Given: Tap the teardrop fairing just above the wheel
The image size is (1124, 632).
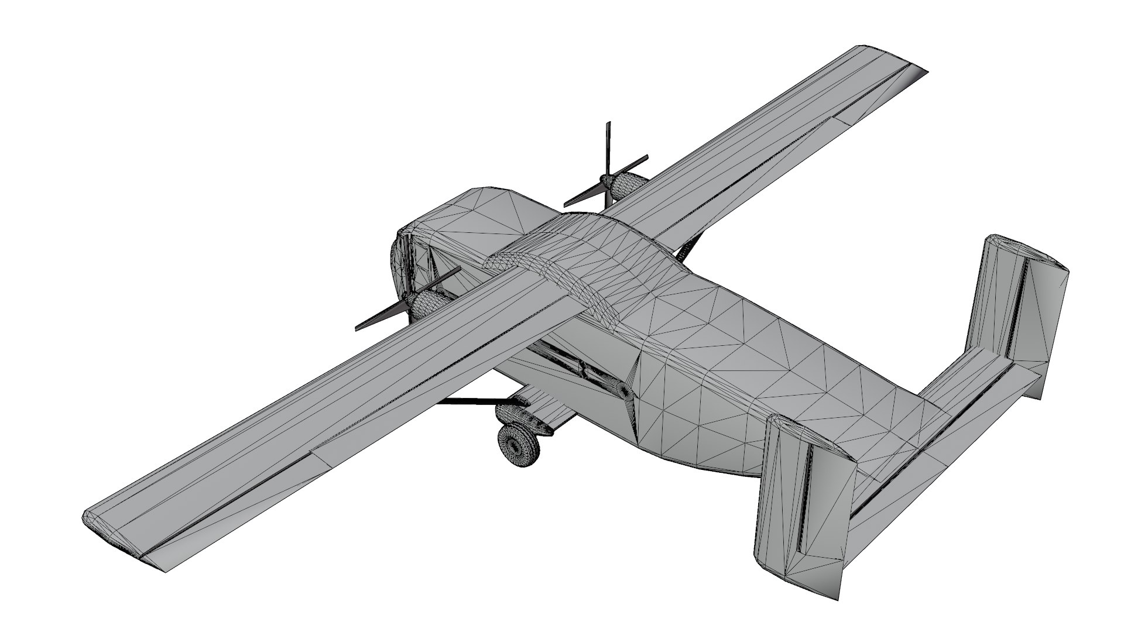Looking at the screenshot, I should click(508, 412).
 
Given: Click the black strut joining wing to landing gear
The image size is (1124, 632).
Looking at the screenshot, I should click(468, 401).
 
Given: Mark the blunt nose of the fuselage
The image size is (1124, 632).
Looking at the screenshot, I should click(404, 257).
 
